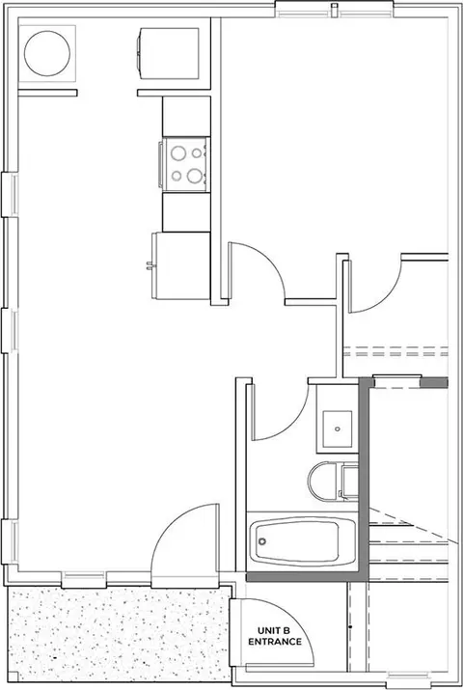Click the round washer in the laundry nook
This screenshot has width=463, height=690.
pyautogui.click(x=47, y=54)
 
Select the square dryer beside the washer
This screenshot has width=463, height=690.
pyautogui.click(x=168, y=54)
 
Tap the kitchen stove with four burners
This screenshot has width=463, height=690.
pyautogui.click(x=184, y=164)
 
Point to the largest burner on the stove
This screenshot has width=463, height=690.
pyautogui.click(x=194, y=176)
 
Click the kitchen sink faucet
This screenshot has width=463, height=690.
pyautogui.click(x=150, y=265)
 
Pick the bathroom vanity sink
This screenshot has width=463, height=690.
pyautogui.click(x=338, y=428)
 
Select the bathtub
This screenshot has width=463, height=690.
pyautogui.click(x=303, y=541)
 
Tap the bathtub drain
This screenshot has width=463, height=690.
pyautogui.click(x=262, y=541)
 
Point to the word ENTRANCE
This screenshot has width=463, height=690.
pyautogui.click(x=275, y=642)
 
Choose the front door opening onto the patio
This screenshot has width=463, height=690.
pyautogui.click(x=184, y=545)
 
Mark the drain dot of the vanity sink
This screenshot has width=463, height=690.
pyautogui.click(x=338, y=428)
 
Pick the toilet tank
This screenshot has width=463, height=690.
pyautogui.click(x=350, y=481)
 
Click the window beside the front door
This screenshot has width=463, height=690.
pyautogui.click(x=84, y=579)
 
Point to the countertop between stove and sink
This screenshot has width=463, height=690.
pyautogui.click(x=186, y=212)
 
